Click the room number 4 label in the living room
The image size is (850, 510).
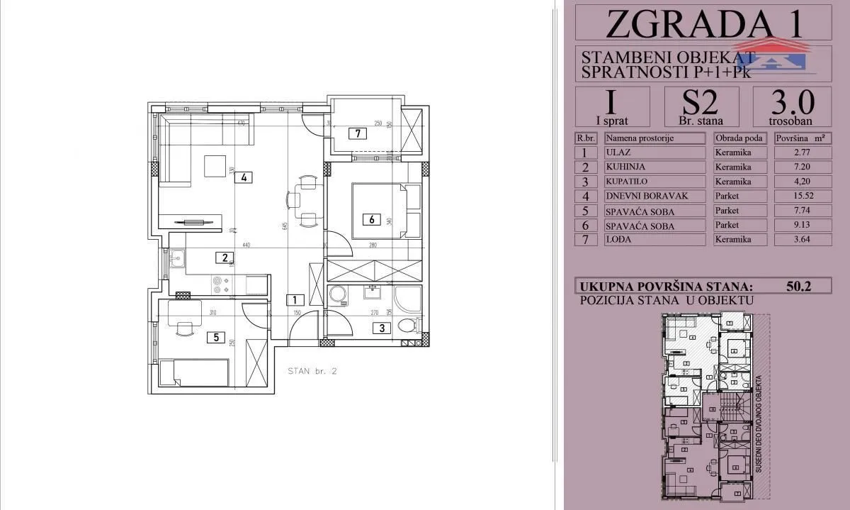coord(244,178)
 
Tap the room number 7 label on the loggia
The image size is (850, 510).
coord(359,133)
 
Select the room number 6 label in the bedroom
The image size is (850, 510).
coord(370,219)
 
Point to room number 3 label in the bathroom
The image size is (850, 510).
coord(382,328)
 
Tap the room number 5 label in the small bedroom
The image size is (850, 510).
coord(212,337)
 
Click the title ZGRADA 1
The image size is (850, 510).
coord(704,23)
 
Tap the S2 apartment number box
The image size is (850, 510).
coord(701,106)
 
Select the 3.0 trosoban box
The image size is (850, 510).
coord(792,106)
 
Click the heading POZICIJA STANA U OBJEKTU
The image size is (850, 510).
coord(665,301)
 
